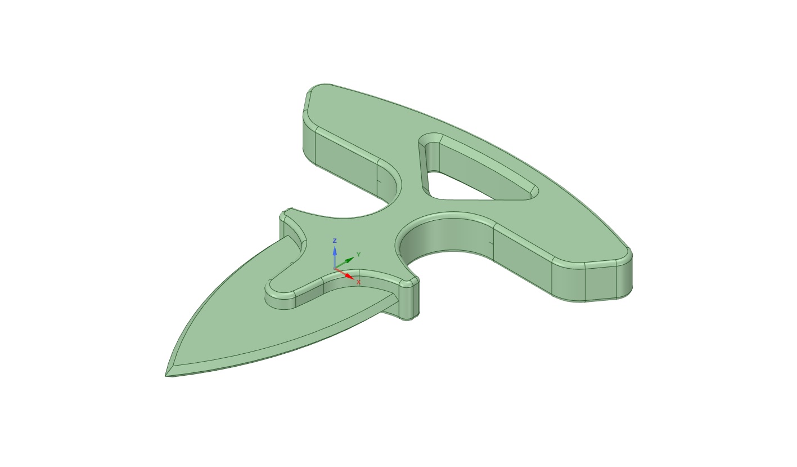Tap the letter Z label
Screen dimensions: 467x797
335,241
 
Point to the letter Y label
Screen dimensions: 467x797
358,255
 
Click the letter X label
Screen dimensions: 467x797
358,282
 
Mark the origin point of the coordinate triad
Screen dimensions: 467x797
335,268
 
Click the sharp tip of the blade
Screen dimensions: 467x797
166,375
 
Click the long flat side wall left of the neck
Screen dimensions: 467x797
346,163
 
